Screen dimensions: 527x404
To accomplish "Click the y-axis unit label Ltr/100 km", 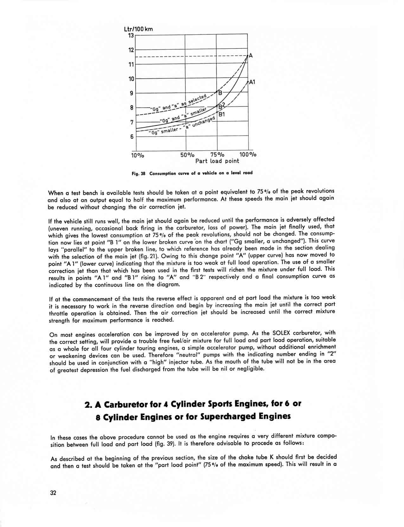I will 138,29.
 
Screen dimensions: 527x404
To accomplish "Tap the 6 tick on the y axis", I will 131,137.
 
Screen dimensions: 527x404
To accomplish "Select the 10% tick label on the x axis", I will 138,155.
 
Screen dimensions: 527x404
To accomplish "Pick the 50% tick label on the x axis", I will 187,155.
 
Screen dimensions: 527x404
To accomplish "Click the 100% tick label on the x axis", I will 248,155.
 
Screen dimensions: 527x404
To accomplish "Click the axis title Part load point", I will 217,161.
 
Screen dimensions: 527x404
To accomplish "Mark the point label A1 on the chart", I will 252,82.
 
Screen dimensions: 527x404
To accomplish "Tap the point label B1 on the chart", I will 222,114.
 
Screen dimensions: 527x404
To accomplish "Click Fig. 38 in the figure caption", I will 138,173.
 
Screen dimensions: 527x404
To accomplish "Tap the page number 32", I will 53,493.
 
